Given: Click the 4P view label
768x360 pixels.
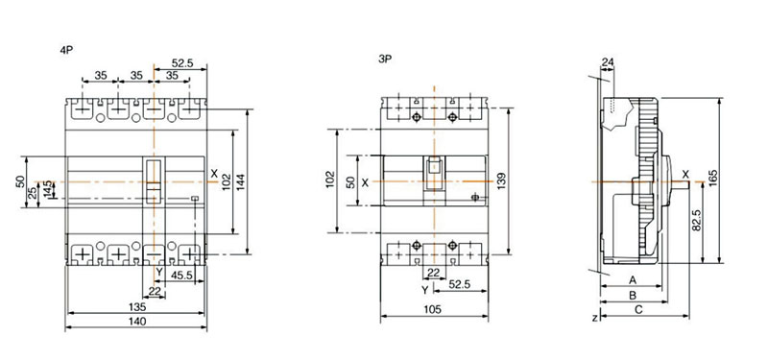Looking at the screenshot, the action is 66,50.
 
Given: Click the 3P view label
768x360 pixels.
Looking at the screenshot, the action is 385,60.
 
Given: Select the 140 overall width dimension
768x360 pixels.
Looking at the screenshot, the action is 136,322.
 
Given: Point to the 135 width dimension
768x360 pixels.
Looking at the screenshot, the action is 137,307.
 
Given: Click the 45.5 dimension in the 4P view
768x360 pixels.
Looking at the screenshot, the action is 181,276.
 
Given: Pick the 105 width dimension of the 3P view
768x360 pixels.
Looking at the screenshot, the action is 433,309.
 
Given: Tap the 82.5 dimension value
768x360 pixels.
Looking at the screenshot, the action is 697,222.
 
